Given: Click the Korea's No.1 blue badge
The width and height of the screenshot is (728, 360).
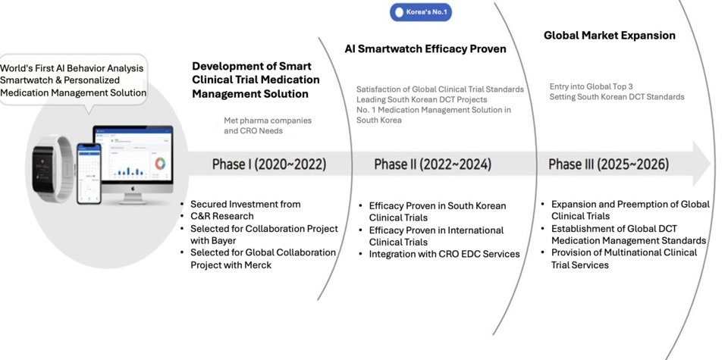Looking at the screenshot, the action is point(421,12).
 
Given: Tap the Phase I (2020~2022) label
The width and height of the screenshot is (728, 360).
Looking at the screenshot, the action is point(269,164).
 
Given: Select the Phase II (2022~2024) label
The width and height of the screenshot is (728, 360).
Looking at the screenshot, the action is point(433,164).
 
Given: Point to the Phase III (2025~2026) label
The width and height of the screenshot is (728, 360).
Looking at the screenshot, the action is point(609,164).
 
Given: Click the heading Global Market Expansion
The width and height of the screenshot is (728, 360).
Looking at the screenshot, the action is point(610,36).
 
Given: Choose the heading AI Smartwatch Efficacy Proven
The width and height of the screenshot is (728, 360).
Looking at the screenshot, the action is point(425,49).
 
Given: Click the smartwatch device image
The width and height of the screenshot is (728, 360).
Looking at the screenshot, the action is point(52,168).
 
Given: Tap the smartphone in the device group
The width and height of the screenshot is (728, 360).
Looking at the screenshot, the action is point(89,174).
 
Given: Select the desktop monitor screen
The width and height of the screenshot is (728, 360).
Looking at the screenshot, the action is point(133,155).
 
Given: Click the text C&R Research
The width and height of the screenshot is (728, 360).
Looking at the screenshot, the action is point(222,216).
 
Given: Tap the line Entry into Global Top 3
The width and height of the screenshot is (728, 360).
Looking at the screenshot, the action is point(591,86).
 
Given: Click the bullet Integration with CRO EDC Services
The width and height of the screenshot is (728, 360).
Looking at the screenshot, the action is point(444,254).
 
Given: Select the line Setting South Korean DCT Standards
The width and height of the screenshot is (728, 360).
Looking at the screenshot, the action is point(617,97).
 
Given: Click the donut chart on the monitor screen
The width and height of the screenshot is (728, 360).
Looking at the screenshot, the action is point(160,163).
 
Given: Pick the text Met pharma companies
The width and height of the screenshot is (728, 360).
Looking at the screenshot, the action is point(268,121).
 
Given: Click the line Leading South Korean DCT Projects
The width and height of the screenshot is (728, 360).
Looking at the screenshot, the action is point(422,100).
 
